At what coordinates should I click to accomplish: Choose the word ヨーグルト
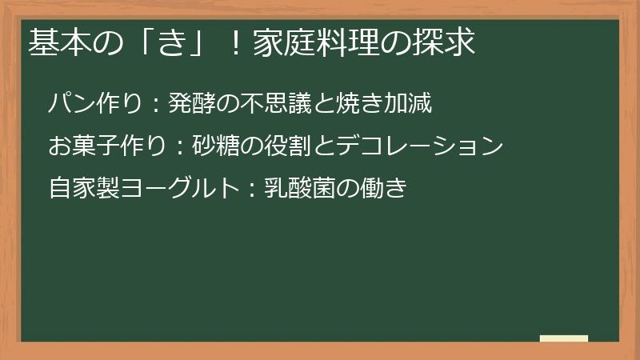pyautogui.click(x=175, y=189)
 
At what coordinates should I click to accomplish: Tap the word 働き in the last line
pyautogui.click(x=387, y=189)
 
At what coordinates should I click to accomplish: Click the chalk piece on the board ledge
pyautogui.click(x=564, y=338)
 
